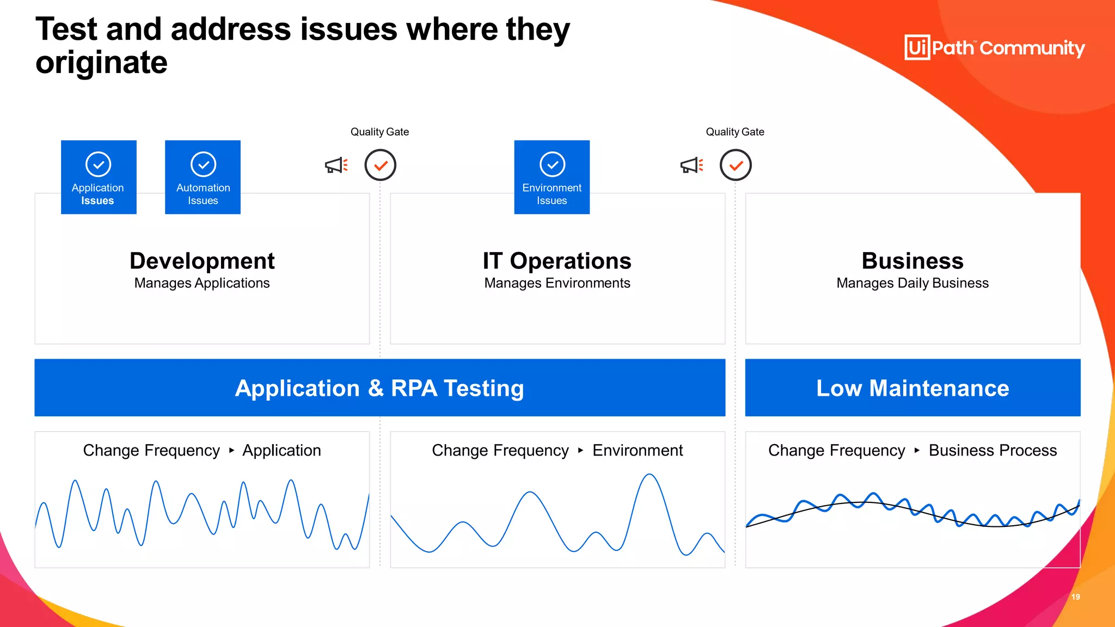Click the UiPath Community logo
[x=994, y=48]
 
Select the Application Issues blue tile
[x=99, y=177]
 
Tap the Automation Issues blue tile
[x=203, y=177]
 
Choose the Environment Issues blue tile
[x=552, y=177]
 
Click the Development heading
[x=202, y=261]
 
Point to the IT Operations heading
[x=557, y=261]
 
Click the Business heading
[x=912, y=261]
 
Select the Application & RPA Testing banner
[x=379, y=388]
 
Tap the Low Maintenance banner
[x=912, y=388]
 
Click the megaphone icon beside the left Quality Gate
[x=336, y=165]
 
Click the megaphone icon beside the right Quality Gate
[x=691, y=165]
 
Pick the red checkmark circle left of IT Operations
[x=380, y=165]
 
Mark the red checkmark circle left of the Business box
[x=736, y=165]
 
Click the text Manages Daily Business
[x=912, y=283]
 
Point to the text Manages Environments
[x=557, y=283]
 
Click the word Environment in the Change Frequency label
[x=638, y=451]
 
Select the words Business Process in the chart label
[x=993, y=451]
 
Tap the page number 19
[x=1076, y=597]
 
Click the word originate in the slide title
[x=102, y=63]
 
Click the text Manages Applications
[x=202, y=283]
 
